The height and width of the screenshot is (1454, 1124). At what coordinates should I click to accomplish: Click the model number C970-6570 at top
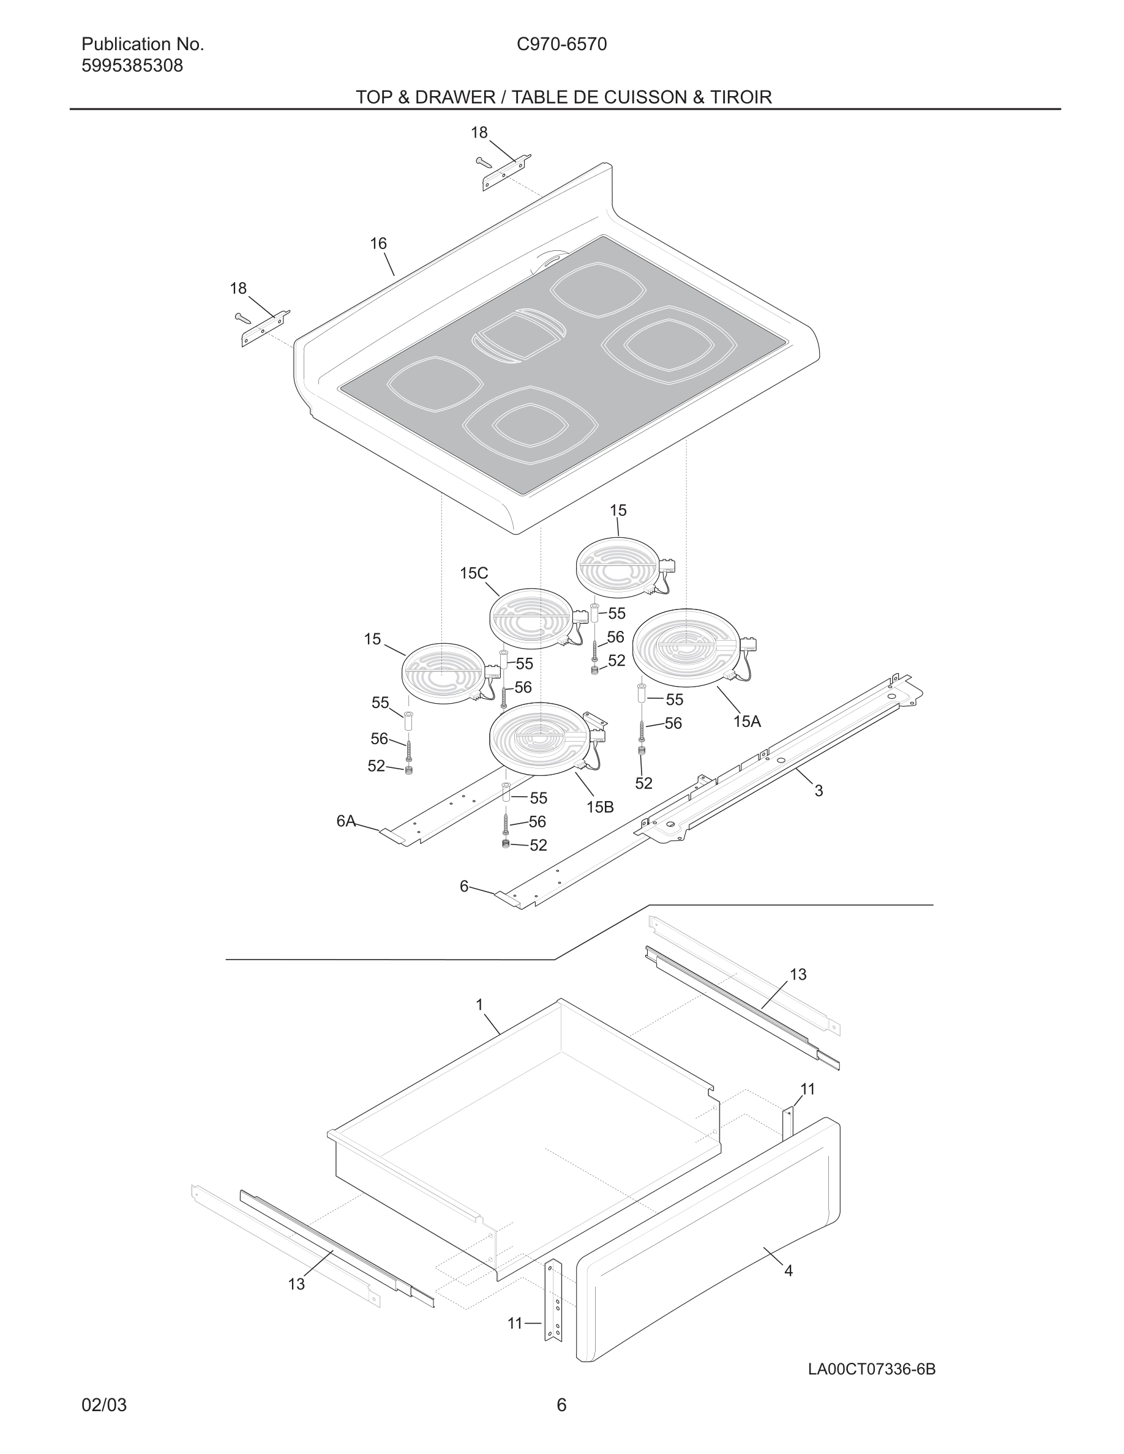561,45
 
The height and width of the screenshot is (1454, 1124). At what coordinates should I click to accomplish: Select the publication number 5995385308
132,66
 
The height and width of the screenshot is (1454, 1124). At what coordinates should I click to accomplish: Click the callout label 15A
746,721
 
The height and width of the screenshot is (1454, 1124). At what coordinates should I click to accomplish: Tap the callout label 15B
599,807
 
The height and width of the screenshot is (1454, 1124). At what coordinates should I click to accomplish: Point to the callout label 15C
473,573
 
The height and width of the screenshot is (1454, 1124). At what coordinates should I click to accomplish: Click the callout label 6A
346,821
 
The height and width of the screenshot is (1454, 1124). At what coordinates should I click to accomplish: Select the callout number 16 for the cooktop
378,244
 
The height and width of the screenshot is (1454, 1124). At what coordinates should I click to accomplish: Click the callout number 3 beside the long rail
819,791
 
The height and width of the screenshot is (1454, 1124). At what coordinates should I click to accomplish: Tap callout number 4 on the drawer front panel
789,1270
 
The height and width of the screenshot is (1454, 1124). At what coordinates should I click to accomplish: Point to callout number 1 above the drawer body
479,1005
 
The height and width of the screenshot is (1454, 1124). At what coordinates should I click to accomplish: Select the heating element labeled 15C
530,619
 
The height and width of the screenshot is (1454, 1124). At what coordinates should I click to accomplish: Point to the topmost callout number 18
479,132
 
